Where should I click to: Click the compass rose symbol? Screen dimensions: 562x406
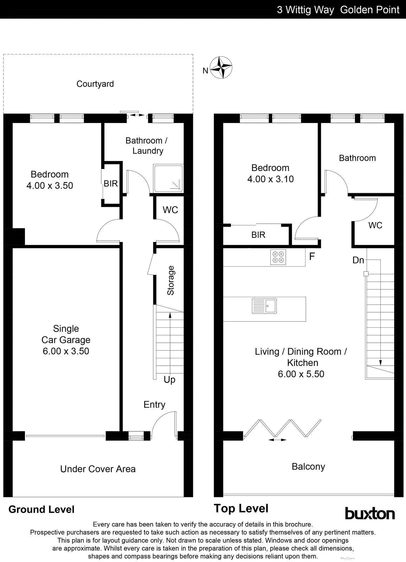tap(221, 67)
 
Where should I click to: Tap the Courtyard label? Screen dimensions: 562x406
tap(95, 84)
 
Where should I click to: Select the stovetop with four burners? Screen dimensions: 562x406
tap(278, 257)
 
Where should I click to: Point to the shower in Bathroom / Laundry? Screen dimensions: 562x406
tap(168, 178)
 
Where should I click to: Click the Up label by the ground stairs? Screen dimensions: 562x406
tap(169, 380)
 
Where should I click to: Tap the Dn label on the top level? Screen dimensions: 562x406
tap(358, 260)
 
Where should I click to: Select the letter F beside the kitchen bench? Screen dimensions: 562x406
tap(312, 256)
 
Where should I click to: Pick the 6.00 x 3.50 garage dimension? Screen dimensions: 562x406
tap(66, 351)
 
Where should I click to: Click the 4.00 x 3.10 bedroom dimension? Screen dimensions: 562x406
tap(270, 179)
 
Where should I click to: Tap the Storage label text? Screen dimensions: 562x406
tap(170, 280)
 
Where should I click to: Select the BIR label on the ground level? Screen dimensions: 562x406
tap(111, 183)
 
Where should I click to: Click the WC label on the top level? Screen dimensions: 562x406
tap(375, 226)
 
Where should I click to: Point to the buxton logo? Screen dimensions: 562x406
tap(369, 514)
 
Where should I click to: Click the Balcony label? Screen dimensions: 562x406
tap(308, 466)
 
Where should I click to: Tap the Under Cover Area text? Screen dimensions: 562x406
tap(98, 469)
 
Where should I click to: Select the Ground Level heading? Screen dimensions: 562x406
tap(41, 509)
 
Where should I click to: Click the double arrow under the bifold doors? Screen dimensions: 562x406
tap(277, 439)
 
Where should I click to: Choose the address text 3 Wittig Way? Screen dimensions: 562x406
tap(305, 9)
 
